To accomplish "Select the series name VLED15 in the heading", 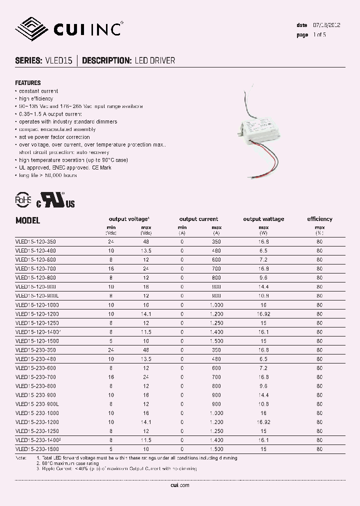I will click(58, 60).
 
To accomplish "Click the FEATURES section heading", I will click(28, 83).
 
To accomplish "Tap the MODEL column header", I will click(27, 220).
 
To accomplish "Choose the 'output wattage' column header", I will click(263, 219).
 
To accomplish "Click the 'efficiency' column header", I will click(319, 219).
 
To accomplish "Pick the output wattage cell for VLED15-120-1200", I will click(263, 314).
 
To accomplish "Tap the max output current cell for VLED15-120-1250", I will click(216, 323).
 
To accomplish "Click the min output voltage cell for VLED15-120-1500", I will click(110, 341).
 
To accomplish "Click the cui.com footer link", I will click(179, 485).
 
